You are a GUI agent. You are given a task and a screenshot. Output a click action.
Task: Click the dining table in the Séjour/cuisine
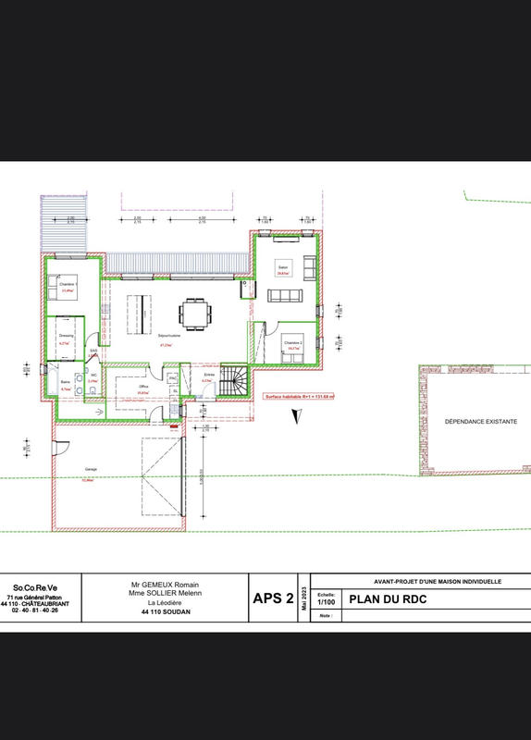(195, 313)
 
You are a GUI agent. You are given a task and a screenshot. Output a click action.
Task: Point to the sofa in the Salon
(284, 295)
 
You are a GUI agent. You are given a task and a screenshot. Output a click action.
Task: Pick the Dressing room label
(67, 335)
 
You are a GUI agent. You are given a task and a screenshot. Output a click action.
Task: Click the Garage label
(91, 469)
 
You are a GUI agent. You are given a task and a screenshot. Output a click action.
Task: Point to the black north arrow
(294, 415)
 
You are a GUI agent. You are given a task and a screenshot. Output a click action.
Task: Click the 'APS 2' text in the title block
(274, 598)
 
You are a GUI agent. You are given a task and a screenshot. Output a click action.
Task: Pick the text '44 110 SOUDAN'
(167, 611)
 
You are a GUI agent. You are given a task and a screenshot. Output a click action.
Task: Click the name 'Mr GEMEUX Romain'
(167, 586)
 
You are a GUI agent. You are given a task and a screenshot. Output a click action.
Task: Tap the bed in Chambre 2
(294, 347)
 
